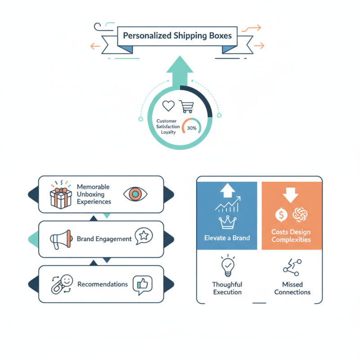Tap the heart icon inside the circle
pos(168,106)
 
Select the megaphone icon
pos(62,238)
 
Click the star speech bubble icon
pos(144,236)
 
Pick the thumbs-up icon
pos(143,284)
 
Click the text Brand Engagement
pos(104,239)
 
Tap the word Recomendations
pos(103,284)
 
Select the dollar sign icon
pos(281,215)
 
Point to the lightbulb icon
pos(227,266)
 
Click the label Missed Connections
pos(292,288)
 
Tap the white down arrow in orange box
pos(289,194)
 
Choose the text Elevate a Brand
pos(227,237)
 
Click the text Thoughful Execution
pos(227,288)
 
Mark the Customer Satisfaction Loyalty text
pos(168,127)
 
